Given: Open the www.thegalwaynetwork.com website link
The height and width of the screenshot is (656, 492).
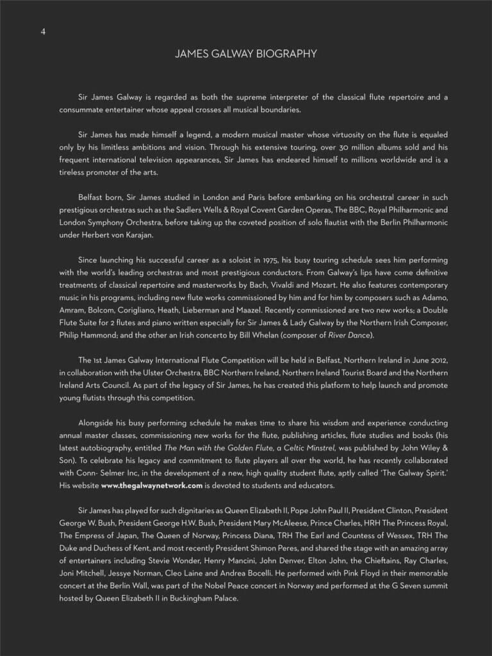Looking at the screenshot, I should (x=152, y=486).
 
